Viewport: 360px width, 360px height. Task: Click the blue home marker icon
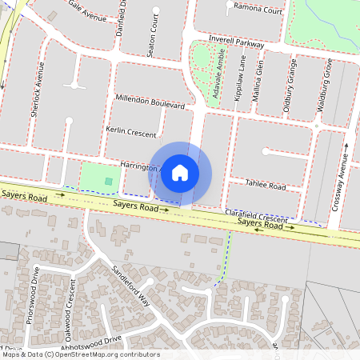(x=180, y=173)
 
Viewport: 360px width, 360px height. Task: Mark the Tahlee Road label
(x=266, y=186)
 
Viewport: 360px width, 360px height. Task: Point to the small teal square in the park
(x=108, y=182)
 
